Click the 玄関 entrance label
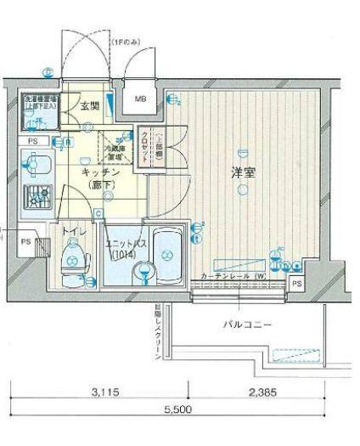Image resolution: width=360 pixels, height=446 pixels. (90, 106)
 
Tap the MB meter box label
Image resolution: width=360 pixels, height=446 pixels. (141, 99)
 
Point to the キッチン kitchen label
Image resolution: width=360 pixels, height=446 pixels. (100, 172)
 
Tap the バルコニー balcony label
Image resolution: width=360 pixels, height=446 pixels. (247, 324)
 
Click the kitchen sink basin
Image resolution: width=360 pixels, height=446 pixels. (36, 163)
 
